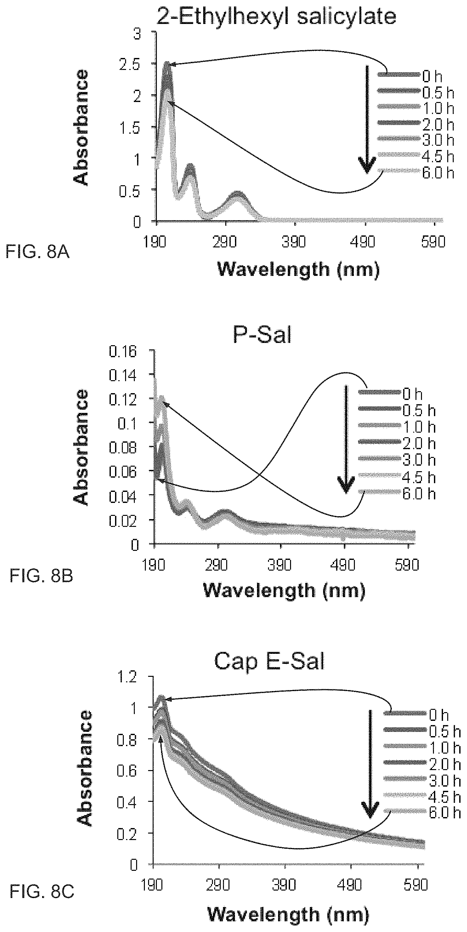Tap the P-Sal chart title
pyautogui.click(x=262, y=335)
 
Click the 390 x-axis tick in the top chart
pyautogui.click(x=294, y=242)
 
